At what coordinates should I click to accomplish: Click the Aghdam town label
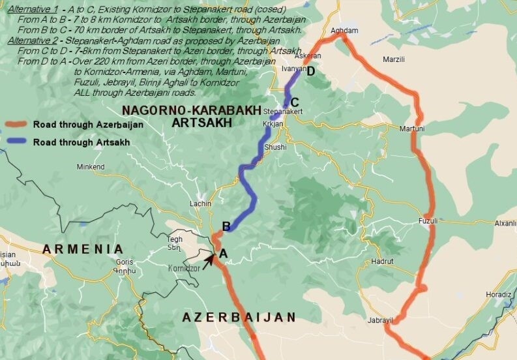point(344,31)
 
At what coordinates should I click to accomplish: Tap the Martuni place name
point(412,128)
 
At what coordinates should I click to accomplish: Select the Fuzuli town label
point(428,220)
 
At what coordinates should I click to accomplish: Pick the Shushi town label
point(275,147)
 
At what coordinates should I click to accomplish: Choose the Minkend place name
point(90,167)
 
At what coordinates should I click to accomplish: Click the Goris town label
point(124,262)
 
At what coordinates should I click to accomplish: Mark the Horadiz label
point(499,294)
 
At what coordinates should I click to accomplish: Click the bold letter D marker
point(311,71)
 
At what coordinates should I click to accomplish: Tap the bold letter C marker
point(295,102)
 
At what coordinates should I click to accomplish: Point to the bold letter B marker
point(227,226)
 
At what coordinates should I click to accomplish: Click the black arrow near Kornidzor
point(209,261)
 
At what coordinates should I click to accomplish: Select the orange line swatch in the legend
point(16,124)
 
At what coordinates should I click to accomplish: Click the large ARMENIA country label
point(83,248)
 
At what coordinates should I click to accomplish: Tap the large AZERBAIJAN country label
point(239,317)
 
